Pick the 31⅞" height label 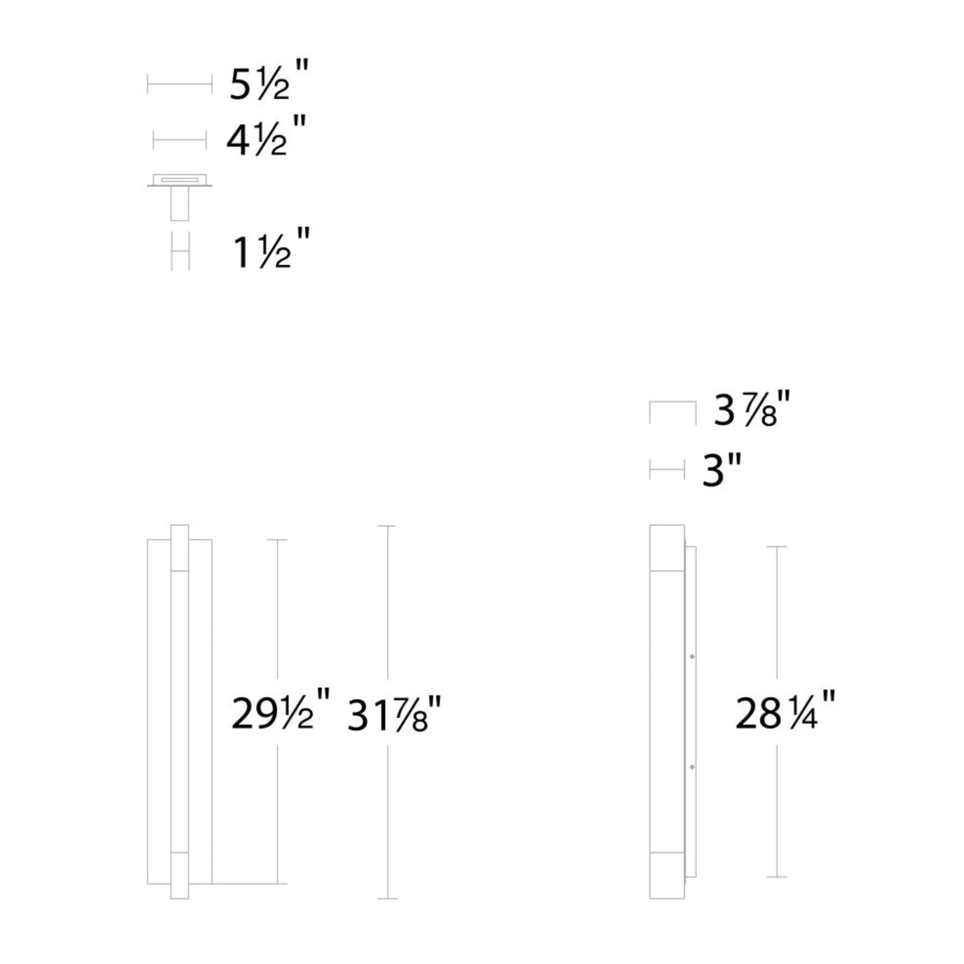[x=394, y=715]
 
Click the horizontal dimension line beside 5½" [x=180, y=84]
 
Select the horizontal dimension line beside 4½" [x=180, y=140]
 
